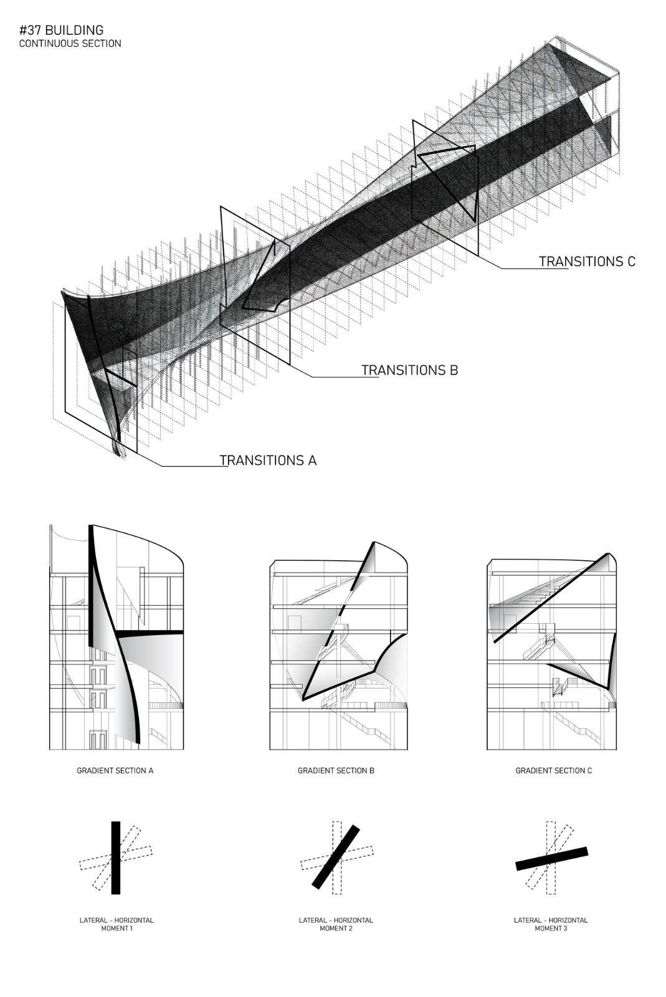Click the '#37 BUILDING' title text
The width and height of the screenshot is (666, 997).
click(61, 30)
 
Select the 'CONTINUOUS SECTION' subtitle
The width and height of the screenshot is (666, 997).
click(70, 44)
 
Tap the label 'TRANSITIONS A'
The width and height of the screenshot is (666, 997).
click(268, 460)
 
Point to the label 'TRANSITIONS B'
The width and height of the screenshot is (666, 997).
click(409, 370)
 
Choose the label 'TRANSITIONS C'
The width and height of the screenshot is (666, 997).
click(587, 261)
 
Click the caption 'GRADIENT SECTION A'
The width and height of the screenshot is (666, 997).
click(115, 770)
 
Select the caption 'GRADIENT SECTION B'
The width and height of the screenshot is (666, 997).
click(336, 770)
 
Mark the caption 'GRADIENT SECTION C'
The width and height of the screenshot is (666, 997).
click(553, 770)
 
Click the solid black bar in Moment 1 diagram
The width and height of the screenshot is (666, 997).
click(115, 857)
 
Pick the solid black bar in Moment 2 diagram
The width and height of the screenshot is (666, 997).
click(336, 857)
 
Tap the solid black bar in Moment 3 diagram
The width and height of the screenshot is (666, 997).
click(551, 858)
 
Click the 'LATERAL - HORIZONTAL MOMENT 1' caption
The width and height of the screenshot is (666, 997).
click(116, 924)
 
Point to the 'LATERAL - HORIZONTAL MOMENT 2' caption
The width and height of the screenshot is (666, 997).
click(336, 924)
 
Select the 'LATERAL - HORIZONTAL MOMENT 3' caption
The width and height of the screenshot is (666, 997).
click(551, 924)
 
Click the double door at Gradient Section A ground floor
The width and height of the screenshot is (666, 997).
click(96, 740)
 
